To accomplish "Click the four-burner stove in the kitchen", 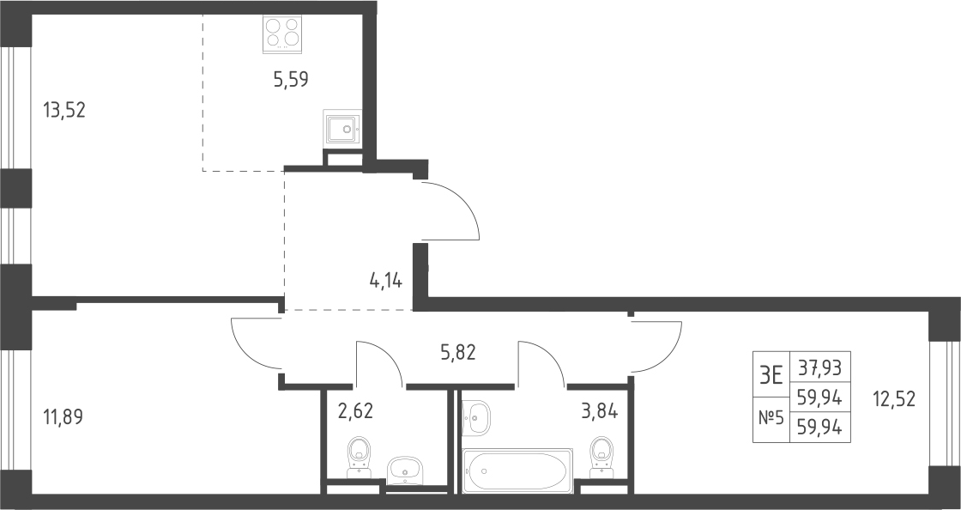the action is tap(282, 33).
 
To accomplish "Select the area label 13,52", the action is tap(63, 111).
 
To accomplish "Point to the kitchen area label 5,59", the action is tap(291, 79).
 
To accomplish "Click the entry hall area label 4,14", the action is tap(385, 281).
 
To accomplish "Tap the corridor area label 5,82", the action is tap(458, 352).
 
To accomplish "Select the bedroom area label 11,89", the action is tap(63, 417).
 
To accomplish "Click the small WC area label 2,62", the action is tap(355, 410).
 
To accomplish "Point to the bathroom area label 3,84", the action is tap(600, 410).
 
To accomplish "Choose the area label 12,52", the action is tap(893, 399).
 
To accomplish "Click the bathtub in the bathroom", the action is tap(518, 471).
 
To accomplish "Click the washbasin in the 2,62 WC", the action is tap(404, 471).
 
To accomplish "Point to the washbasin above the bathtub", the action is tap(476, 417).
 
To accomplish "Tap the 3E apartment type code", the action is tap(771, 374).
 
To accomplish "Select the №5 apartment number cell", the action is tap(771, 418).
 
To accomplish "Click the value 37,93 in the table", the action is tap(819, 368).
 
